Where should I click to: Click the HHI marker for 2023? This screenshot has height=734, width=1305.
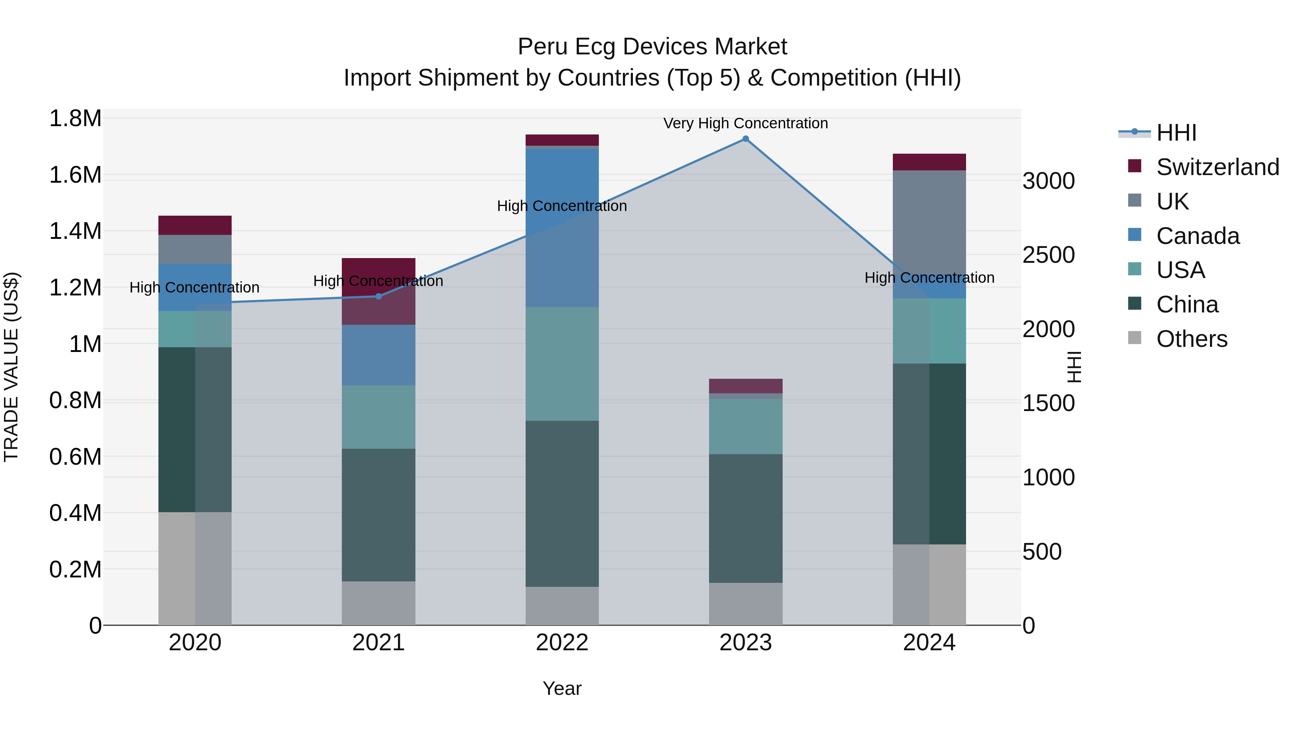[x=745, y=139]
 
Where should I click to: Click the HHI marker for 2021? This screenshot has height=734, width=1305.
[x=378, y=296]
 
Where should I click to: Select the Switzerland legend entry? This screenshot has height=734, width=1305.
[x=1217, y=167]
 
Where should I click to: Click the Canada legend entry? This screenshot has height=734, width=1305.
[x=1198, y=236]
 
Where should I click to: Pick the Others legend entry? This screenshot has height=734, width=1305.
[x=1192, y=339]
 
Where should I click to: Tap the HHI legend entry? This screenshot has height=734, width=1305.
[x=1176, y=133]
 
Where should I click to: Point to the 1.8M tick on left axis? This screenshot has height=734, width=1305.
[x=75, y=119]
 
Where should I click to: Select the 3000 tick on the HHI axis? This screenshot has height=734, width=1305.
[x=1048, y=181]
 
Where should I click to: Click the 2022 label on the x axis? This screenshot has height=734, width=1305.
[x=562, y=643]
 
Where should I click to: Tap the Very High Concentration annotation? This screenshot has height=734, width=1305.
[x=745, y=123]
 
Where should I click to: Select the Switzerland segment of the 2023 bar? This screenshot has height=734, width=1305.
[x=745, y=386]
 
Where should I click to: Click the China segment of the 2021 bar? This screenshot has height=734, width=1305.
[x=378, y=515]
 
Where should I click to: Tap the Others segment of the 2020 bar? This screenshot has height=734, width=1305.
[x=195, y=568]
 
